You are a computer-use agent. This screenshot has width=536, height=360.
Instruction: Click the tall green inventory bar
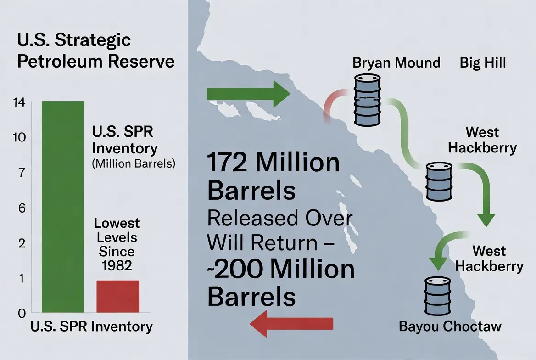click(62, 207)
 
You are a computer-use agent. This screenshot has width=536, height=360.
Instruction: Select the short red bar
click(117, 296)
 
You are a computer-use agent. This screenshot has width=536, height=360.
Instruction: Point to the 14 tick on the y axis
click(19, 102)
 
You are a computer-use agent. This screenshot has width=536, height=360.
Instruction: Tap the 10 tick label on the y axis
click(19, 137)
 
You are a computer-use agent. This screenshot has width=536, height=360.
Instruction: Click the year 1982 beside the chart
click(117, 265)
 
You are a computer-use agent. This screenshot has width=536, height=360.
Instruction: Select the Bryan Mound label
click(396, 63)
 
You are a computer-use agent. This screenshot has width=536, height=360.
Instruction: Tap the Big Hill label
click(483, 63)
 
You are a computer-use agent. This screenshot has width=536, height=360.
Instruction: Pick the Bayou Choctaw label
click(450, 326)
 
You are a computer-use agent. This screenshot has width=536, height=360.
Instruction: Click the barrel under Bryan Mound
click(367, 100)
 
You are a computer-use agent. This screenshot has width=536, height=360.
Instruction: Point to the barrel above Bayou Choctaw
click(437, 296)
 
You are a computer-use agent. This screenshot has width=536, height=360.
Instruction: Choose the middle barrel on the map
click(439, 181)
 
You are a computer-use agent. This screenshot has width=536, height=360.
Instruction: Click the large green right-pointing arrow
click(248, 94)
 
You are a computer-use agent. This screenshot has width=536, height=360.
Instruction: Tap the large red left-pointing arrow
click(291, 324)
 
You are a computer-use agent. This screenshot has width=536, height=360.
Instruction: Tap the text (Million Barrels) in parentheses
click(134, 163)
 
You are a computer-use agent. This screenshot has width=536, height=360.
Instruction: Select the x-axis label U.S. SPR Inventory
click(92, 327)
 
